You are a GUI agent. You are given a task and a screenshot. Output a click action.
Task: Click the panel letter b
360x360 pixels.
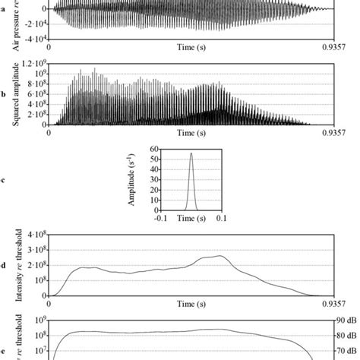(x=5, y=95)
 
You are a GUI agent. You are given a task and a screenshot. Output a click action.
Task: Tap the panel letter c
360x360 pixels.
(x=5, y=180)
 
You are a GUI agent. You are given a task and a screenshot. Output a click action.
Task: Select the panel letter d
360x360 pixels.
(x=5, y=265)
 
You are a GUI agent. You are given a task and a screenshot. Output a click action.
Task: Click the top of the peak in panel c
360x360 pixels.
(x=191, y=153)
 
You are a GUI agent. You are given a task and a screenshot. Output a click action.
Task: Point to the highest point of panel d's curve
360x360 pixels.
(x=221, y=256)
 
